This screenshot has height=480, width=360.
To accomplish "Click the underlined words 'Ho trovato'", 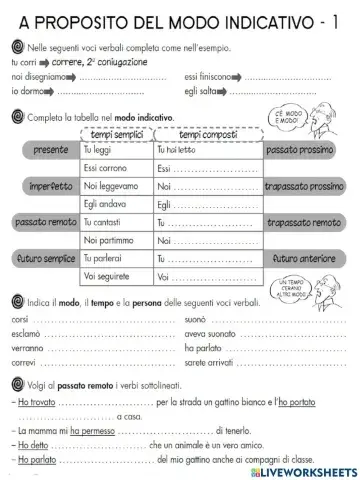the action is tap(37, 402).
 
